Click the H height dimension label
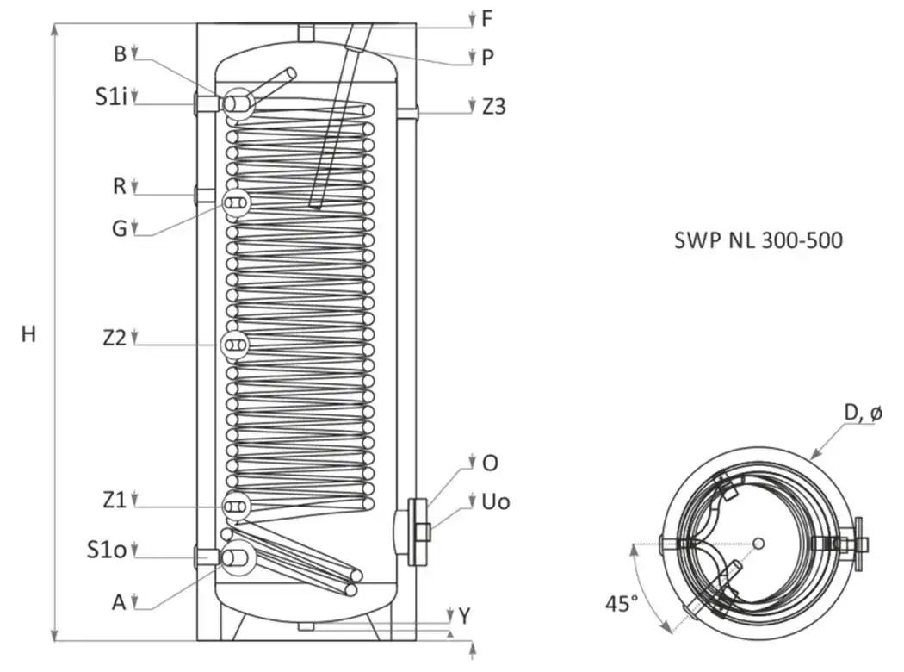click(x=28, y=334)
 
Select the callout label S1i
click(x=111, y=96)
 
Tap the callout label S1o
click(x=107, y=549)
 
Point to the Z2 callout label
click(x=115, y=338)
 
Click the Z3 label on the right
click(x=494, y=107)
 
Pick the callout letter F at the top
click(x=487, y=18)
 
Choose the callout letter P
click(x=488, y=58)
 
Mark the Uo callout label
click(x=496, y=501)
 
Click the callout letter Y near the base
click(x=465, y=616)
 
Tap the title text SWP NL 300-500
click(x=758, y=240)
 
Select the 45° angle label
click(x=622, y=603)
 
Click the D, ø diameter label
click(x=863, y=413)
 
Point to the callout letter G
click(x=120, y=228)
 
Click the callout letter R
click(x=120, y=186)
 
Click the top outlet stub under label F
click(x=306, y=32)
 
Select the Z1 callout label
click(x=115, y=499)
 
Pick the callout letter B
click(x=120, y=53)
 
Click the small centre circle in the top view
click(x=759, y=543)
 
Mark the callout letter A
click(x=119, y=602)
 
